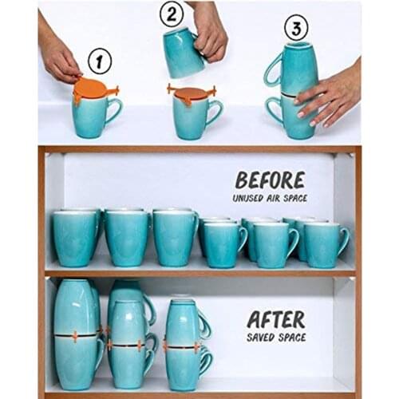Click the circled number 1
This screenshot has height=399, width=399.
(100, 61)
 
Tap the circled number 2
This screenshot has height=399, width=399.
(172, 14)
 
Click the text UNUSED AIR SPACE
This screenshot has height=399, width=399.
(271, 197)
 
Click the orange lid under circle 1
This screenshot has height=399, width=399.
(93, 89)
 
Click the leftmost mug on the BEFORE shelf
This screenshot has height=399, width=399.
(76, 237)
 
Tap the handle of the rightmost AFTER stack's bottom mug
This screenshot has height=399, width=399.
(205, 362)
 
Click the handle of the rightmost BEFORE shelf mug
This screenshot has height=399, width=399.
(343, 241)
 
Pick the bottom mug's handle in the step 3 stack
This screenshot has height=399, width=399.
(273, 112)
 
